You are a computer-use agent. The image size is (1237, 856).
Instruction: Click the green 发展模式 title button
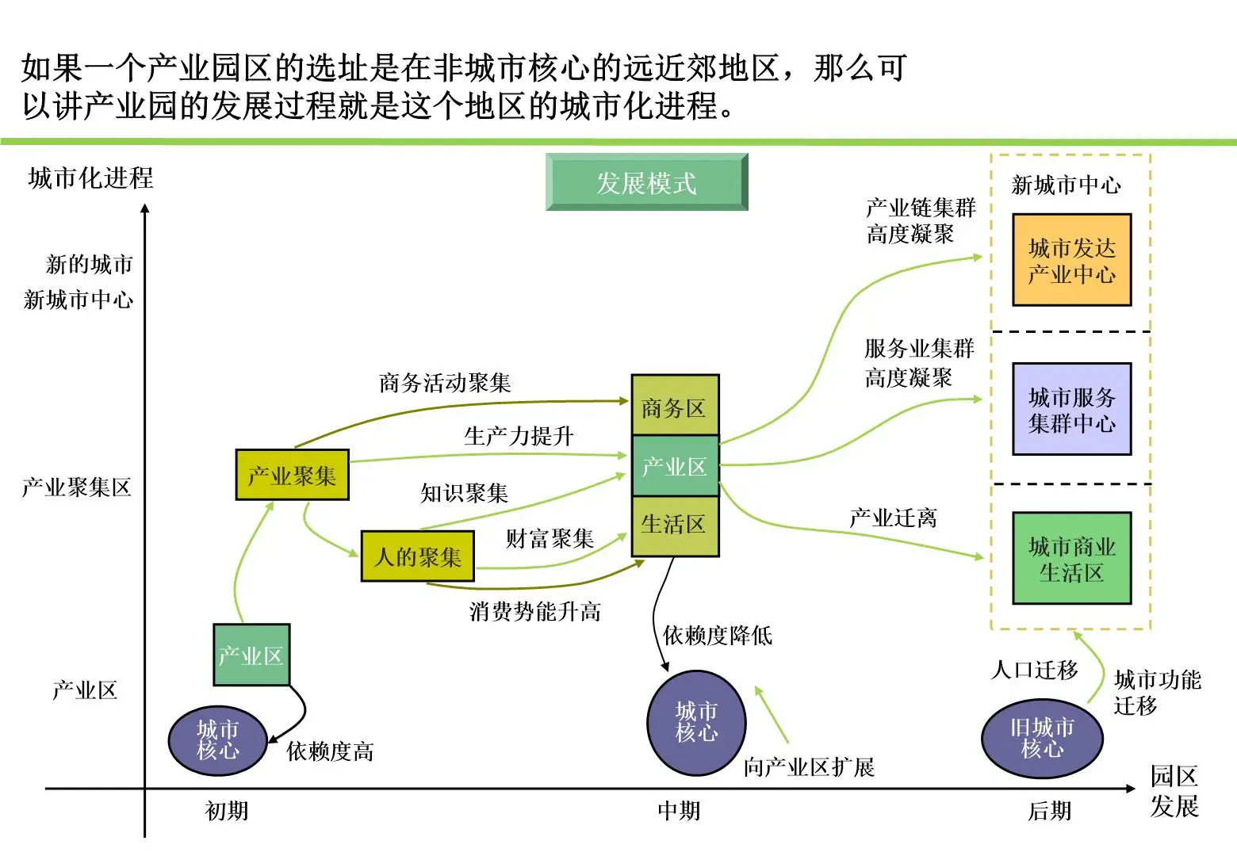(x=646, y=182)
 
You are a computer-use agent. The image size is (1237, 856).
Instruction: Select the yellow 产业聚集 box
(x=292, y=475)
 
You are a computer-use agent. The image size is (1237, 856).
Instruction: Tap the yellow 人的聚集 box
(x=417, y=556)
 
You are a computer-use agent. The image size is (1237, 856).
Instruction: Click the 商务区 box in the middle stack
(x=674, y=407)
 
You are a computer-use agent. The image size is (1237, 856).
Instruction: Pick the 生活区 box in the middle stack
(x=674, y=525)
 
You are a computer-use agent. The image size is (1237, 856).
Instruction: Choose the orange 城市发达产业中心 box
(x=1071, y=260)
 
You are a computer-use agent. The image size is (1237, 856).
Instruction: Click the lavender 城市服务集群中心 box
(x=1071, y=409)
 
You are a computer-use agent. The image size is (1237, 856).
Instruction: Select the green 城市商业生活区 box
(x=1071, y=558)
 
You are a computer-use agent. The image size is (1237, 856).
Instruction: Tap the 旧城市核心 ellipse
(x=1042, y=738)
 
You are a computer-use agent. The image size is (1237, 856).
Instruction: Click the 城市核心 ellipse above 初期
(x=217, y=740)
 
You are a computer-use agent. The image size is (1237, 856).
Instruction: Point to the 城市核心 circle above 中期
(x=696, y=722)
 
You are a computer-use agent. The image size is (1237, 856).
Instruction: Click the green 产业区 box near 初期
(x=251, y=655)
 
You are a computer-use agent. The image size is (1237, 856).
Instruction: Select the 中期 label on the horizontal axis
(x=679, y=811)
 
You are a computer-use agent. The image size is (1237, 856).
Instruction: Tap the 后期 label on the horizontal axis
(x=1049, y=811)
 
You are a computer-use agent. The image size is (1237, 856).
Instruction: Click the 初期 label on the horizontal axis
(x=227, y=811)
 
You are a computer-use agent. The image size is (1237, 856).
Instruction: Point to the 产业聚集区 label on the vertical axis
(x=77, y=487)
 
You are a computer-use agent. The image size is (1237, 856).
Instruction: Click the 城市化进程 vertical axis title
(x=90, y=178)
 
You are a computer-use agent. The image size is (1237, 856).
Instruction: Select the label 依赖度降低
(x=718, y=635)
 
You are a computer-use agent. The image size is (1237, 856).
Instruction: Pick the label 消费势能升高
(x=535, y=611)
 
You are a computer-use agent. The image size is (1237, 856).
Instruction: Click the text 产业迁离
(x=893, y=518)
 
